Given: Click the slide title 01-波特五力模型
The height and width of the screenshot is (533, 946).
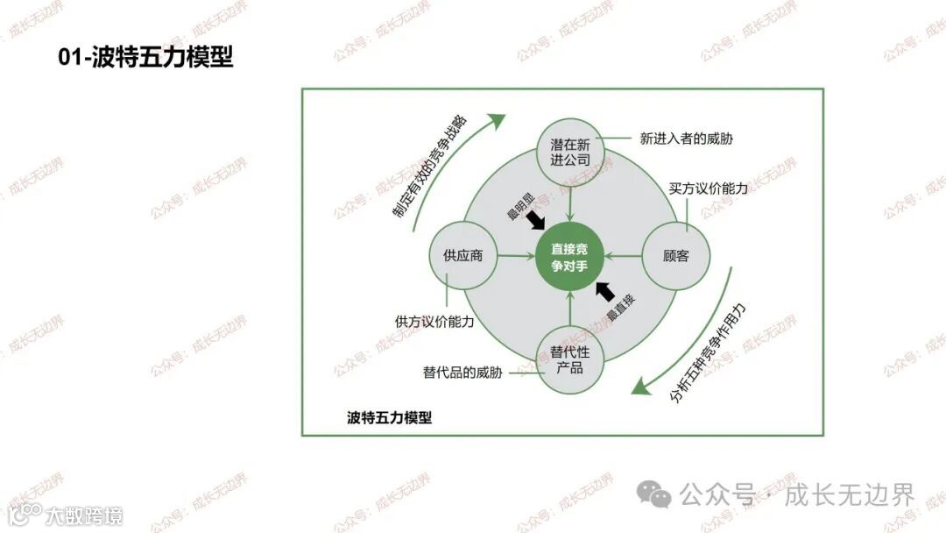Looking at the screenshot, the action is click(145, 58).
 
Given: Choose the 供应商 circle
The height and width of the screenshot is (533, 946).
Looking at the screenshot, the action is click(463, 256).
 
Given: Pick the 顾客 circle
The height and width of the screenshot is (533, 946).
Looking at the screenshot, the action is click(676, 256).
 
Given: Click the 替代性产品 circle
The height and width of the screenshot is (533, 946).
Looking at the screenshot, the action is click(570, 360).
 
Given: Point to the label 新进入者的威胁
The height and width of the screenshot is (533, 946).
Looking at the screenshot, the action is click(686, 138).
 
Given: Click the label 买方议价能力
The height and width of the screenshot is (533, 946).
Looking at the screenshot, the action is click(709, 188).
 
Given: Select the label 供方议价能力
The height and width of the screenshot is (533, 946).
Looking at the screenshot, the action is click(434, 322).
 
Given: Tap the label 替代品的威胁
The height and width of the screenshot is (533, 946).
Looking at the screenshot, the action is click(462, 373).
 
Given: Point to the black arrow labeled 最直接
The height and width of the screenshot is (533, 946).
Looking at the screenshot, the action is click(604, 290).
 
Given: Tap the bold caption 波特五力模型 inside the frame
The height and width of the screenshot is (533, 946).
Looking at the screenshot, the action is click(389, 417).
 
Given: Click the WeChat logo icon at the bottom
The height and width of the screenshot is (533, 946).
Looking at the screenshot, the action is click(654, 494).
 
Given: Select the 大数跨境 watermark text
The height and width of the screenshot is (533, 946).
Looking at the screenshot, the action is click(85, 515).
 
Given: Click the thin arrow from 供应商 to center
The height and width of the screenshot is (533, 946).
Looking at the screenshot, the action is click(517, 256).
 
